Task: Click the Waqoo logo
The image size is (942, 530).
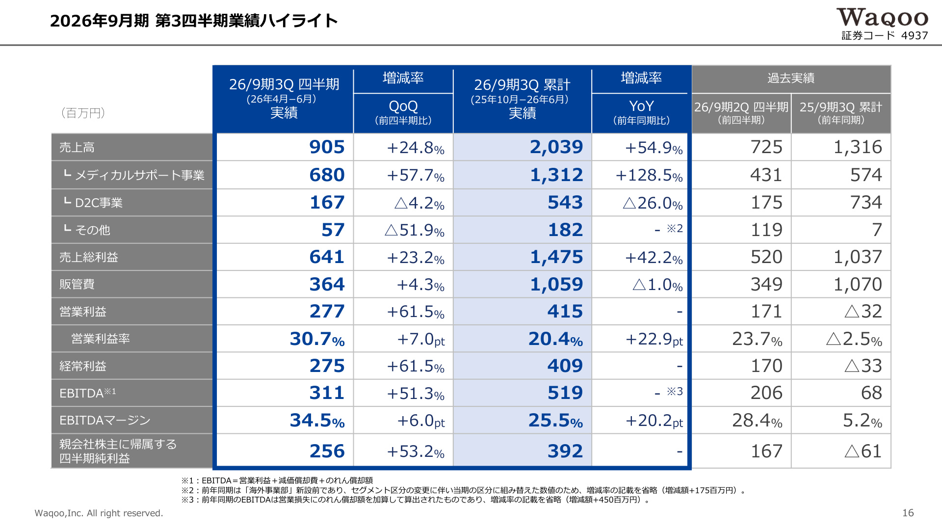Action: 882,18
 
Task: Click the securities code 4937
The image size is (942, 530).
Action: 915,35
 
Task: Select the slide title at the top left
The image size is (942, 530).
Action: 194,21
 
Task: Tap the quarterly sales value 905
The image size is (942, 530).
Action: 327,147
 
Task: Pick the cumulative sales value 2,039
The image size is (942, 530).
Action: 556,147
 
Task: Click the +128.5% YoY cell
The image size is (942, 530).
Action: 649,175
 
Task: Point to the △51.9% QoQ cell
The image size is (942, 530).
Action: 415,230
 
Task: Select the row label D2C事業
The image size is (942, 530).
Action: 99,203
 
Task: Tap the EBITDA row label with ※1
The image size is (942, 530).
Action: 88,393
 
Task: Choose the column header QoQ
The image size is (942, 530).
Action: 403,106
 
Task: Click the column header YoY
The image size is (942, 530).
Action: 641,106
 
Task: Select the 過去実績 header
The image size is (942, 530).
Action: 791,78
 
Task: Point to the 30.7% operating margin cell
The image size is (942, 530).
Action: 317,339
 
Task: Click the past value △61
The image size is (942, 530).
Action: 863,451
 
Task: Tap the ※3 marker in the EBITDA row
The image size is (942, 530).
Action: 675,391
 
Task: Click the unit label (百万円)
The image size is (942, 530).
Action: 83,113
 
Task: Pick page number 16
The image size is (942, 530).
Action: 908,513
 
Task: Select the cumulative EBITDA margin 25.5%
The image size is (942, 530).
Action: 555,421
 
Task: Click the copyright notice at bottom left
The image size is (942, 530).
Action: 99,513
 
